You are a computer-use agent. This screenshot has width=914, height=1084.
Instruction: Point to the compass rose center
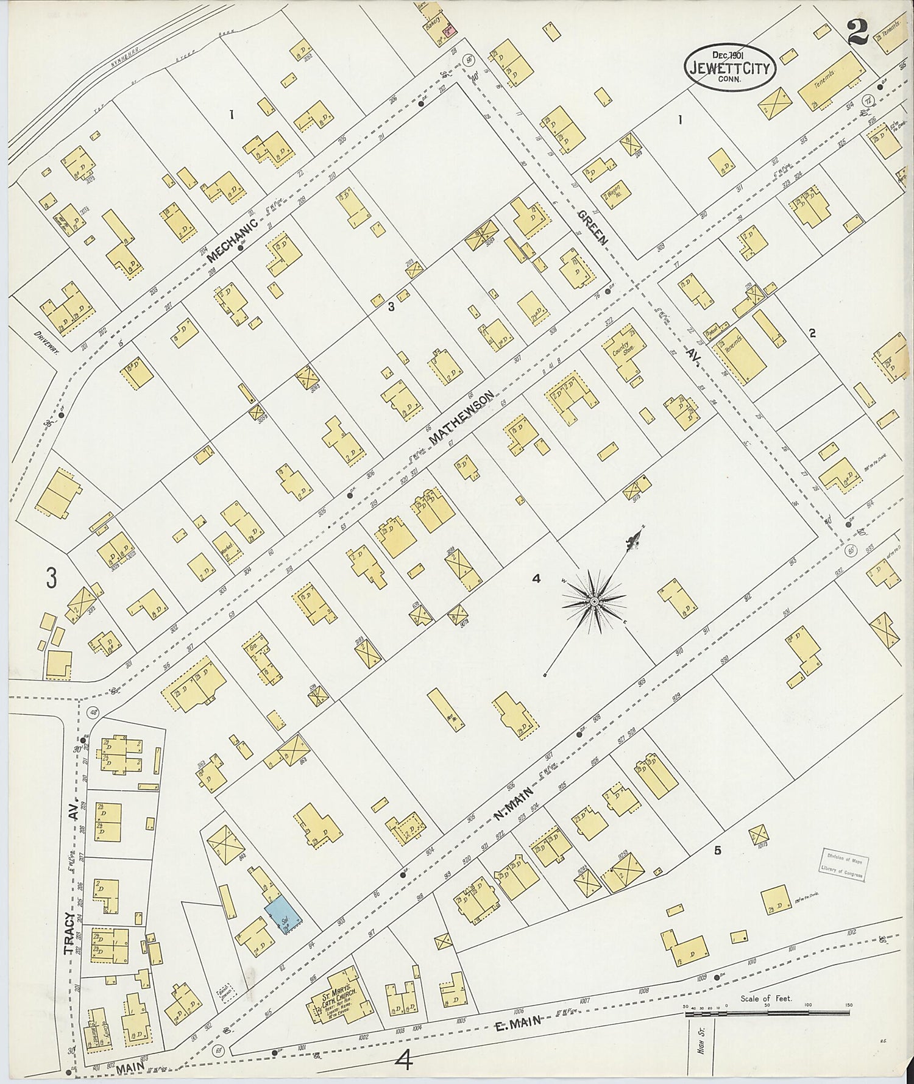593,601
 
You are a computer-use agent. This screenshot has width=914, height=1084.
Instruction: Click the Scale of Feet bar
767,1013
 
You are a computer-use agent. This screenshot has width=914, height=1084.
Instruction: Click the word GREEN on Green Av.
593,227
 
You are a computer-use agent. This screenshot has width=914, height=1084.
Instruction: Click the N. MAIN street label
513,803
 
